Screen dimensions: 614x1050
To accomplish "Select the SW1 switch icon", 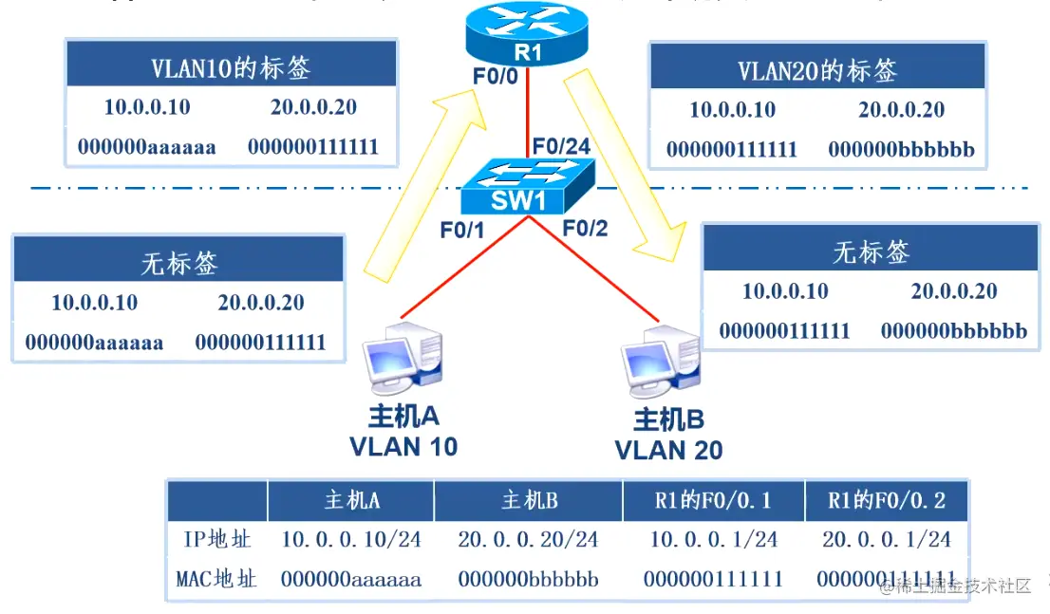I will click(528, 187).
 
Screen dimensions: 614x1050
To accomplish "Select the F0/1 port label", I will click(462, 230).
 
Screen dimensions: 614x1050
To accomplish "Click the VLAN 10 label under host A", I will click(403, 446).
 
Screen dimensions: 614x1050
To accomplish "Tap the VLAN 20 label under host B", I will click(668, 450).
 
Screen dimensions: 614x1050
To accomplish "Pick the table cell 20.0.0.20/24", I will click(528, 540).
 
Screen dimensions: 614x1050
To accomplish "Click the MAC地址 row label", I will click(216, 578).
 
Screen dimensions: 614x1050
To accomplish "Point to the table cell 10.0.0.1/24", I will click(713, 540).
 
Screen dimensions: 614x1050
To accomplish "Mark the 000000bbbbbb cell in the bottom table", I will click(528, 578).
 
